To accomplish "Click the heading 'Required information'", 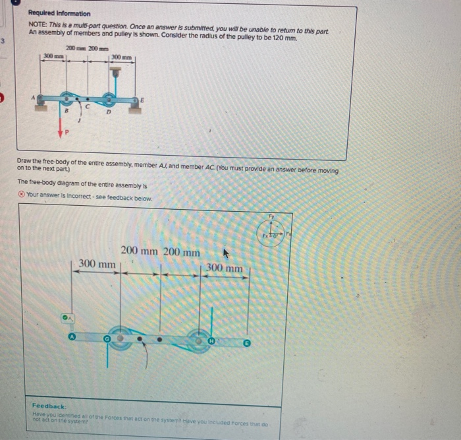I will click(59, 14).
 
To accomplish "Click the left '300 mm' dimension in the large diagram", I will click(97, 265).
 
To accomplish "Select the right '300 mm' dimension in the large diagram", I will click(224, 268).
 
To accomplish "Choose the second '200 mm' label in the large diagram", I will click(181, 252).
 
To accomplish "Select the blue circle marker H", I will click(211, 341).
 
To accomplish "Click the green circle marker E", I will click(247, 343).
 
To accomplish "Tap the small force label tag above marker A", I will click(67, 317).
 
